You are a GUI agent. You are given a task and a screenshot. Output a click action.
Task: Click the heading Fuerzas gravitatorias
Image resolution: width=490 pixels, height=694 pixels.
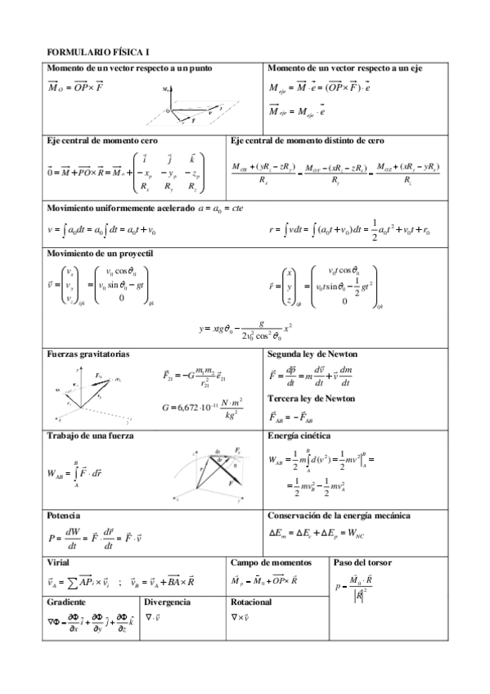click(x=88, y=354)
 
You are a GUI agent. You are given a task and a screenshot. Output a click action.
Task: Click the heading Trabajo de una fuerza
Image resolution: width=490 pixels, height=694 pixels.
click(x=91, y=435)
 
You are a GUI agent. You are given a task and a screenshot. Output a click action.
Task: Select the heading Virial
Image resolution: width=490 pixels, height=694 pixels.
click(x=59, y=563)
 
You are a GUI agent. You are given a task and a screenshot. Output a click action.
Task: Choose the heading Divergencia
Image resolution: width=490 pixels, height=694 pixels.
click(x=168, y=602)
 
